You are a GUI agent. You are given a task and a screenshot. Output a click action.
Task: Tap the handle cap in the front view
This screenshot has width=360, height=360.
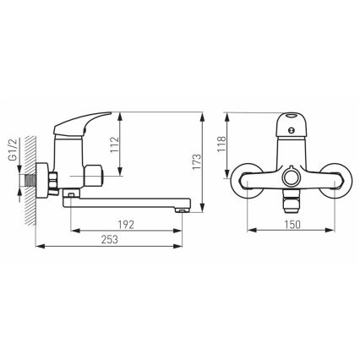coord(293,118)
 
